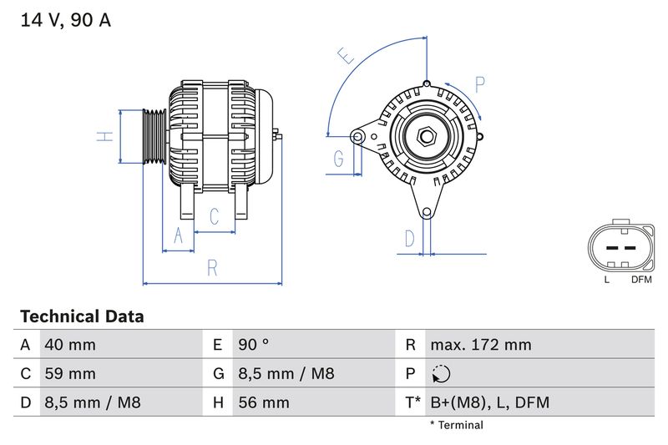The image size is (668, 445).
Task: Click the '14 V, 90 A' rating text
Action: (x=65, y=21)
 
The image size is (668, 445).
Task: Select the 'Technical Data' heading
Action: (x=82, y=316)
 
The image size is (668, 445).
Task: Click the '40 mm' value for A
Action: (x=69, y=345)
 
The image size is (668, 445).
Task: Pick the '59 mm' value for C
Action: (x=69, y=374)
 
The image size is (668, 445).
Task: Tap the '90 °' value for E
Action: (x=254, y=345)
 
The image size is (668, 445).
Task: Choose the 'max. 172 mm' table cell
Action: (x=480, y=345)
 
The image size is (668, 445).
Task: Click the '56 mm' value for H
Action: (x=264, y=403)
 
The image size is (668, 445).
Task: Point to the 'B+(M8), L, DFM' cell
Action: (x=489, y=403)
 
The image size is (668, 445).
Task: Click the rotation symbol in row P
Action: (x=443, y=374)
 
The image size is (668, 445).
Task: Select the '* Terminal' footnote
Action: (x=456, y=425)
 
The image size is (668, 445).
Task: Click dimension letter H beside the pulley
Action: (x=104, y=136)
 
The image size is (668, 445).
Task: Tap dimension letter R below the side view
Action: (x=213, y=268)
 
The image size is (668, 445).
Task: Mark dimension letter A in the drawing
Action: (x=177, y=236)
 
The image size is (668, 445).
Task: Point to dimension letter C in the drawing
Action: (x=214, y=217)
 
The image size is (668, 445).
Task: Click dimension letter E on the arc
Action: (x=346, y=56)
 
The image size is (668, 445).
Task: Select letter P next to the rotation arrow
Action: (x=480, y=84)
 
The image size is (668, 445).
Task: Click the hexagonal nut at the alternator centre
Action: (x=426, y=134)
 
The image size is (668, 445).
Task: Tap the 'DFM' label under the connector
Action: (x=641, y=280)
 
